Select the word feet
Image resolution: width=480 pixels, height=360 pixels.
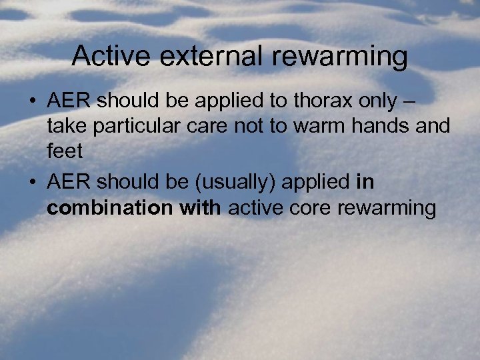(65, 151)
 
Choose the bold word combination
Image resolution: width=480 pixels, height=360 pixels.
(109, 208)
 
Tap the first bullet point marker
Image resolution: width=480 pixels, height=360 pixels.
(31, 102)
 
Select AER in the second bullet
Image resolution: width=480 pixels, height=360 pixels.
(69, 182)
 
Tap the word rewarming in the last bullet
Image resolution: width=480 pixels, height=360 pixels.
(387, 209)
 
